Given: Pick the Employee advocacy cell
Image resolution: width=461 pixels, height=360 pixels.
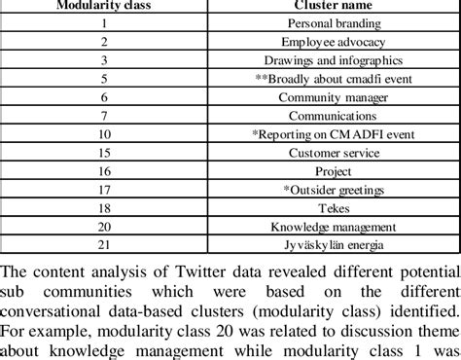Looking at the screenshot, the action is click(x=327, y=45).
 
